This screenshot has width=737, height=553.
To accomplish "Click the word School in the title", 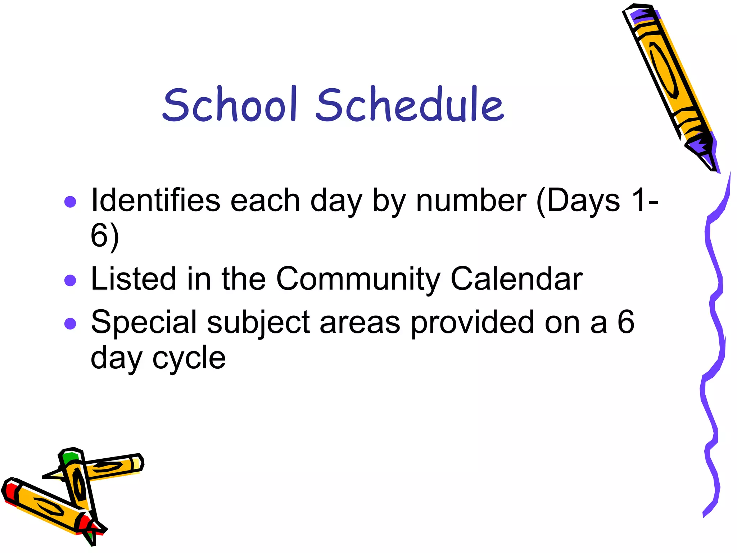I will point(230,104).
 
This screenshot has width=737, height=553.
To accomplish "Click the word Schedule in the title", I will point(410,104).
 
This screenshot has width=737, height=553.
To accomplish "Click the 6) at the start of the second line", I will point(105,236).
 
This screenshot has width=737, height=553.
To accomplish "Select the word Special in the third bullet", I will point(144,322).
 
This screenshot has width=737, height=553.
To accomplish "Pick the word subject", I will point(258,322).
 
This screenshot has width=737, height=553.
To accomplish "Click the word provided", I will point(473,322).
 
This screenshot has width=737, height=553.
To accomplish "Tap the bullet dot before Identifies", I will point(70,202).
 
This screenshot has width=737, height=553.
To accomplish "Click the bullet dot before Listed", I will point(70,280).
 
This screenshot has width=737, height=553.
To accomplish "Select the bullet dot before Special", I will point(70,323).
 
